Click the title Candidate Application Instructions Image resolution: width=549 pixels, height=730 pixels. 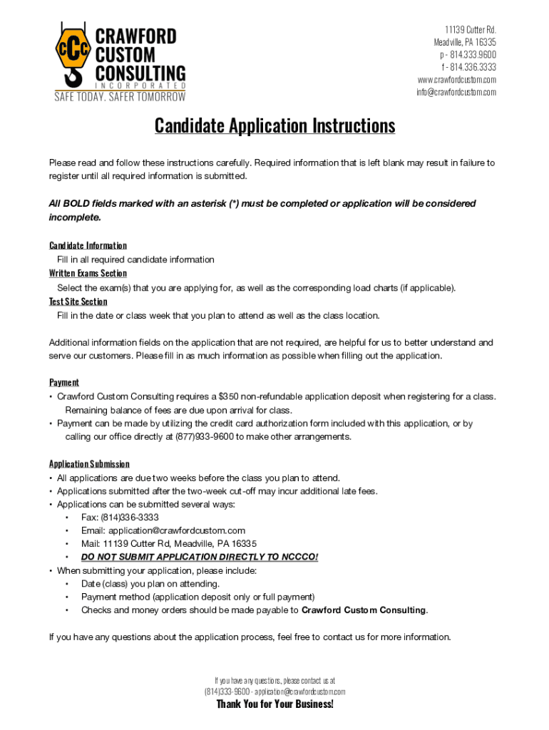click(x=274, y=126)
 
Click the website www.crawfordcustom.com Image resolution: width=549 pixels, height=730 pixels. click(x=457, y=80)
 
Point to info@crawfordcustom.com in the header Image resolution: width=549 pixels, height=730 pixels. click(x=456, y=92)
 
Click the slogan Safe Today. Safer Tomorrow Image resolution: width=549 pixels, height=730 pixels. click(x=120, y=97)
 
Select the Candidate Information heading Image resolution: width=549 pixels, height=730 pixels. click(x=88, y=246)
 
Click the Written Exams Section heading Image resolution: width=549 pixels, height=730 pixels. click(x=88, y=274)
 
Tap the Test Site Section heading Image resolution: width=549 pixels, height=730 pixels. click(x=78, y=302)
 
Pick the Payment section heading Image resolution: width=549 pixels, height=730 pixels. click(x=63, y=383)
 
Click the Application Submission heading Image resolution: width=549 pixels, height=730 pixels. click(x=89, y=464)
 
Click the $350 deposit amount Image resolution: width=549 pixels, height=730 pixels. click(x=229, y=396)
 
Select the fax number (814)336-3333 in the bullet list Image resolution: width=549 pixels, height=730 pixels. click(x=130, y=517)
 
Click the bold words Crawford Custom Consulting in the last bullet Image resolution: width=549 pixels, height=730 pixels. click(x=364, y=610)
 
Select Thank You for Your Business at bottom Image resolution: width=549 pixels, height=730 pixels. click(x=274, y=704)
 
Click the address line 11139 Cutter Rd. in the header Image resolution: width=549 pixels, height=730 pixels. click(x=471, y=30)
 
